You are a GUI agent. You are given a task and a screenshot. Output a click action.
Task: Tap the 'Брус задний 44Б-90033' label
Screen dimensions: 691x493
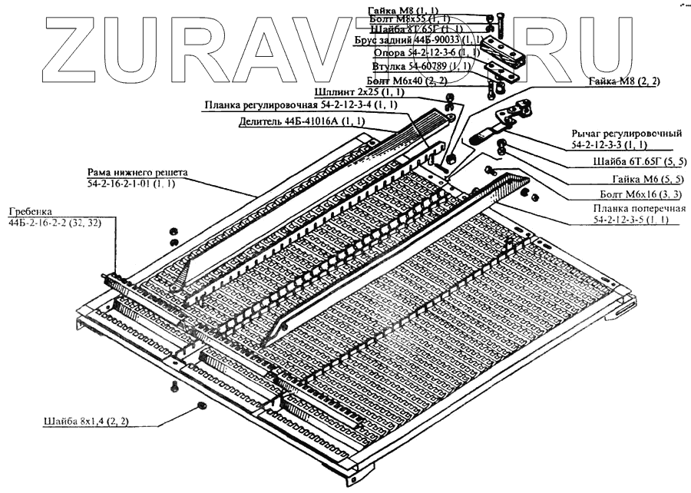418,39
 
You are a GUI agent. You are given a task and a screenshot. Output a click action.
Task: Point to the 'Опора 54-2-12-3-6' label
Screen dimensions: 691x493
425,53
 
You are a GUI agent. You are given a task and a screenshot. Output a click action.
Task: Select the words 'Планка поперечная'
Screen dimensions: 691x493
630,209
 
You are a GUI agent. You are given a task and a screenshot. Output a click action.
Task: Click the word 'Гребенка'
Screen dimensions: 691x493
30,210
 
